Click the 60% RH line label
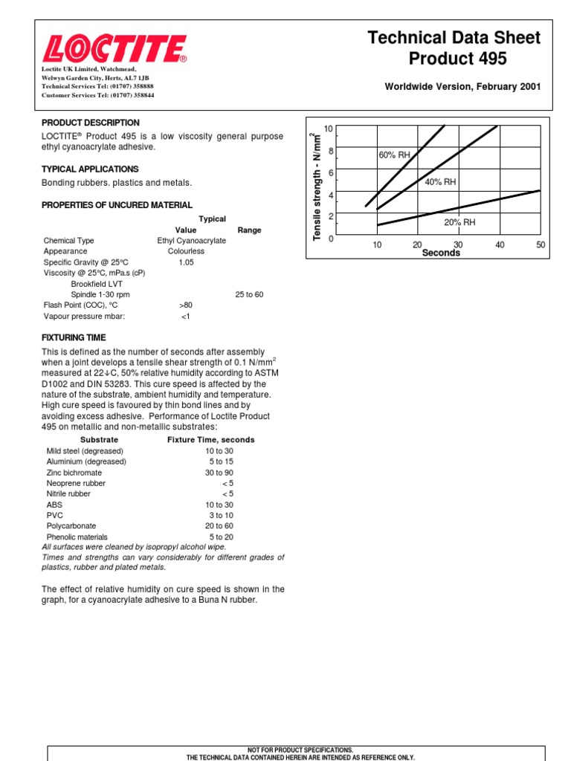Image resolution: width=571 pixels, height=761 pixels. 394,155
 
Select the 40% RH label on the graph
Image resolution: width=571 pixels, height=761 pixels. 440,182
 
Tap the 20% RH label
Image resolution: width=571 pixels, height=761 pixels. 459,222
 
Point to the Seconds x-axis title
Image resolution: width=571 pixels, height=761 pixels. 441,253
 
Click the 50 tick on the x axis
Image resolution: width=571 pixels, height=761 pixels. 540,245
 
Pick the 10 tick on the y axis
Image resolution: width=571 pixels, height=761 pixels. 329,130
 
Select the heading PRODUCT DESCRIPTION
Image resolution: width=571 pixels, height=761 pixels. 90,123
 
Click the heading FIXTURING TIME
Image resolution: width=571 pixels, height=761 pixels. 74,337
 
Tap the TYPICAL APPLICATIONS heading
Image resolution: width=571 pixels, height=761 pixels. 90,169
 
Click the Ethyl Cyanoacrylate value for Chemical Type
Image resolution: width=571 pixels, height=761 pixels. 186,241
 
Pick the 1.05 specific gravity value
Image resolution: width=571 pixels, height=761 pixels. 186,262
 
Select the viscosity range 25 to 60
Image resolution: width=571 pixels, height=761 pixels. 249,294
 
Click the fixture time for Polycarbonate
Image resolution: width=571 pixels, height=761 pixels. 219,526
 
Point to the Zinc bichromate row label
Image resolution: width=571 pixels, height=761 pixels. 74,473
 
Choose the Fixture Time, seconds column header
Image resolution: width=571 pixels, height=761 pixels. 210,440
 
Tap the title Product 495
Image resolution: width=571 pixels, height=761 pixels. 454,59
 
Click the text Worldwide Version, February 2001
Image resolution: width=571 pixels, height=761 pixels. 462,87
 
